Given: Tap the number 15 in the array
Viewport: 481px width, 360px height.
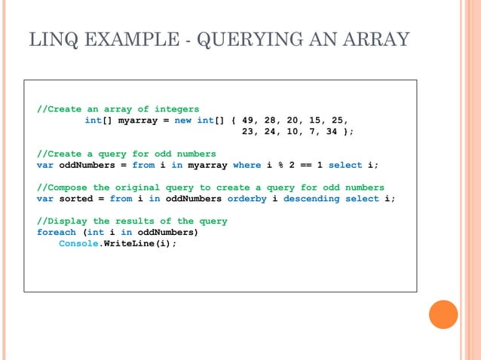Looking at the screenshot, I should (315, 120).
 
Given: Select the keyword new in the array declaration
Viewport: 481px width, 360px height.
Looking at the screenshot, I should (182, 120).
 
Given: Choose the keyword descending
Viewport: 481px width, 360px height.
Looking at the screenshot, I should (311, 199).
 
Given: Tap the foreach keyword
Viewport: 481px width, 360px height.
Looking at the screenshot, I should (57, 232).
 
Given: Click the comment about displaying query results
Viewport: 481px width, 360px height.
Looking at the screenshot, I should (132, 221).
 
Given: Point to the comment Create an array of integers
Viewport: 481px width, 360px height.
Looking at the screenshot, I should (118, 108).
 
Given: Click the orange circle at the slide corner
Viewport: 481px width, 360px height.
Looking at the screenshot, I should (443, 314).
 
